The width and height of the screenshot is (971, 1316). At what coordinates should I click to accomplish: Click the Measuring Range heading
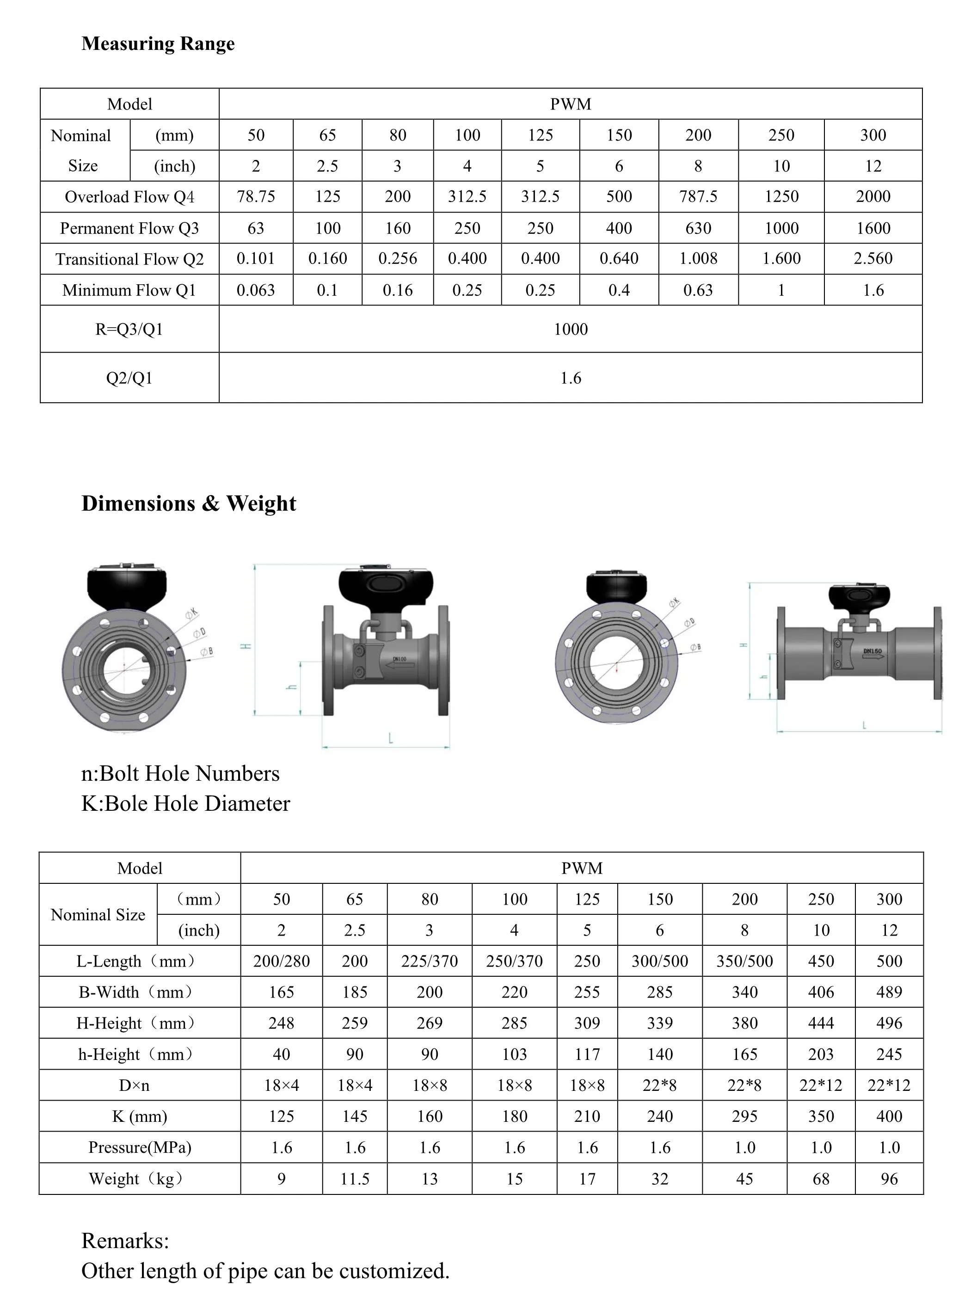tap(158, 43)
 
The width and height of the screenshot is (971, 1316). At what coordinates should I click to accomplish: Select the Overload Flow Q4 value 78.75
tap(256, 196)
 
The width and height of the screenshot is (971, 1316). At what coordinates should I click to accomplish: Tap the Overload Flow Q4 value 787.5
tap(698, 196)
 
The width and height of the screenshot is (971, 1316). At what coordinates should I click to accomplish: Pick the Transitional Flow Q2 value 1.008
tap(698, 258)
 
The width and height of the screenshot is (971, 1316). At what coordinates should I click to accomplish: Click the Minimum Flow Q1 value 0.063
tap(256, 290)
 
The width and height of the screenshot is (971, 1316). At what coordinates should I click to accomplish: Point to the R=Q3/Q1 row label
tap(129, 329)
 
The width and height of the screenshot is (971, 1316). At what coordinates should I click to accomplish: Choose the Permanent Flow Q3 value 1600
tap(873, 228)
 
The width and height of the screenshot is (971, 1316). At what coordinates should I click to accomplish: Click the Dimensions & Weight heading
tap(189, 503)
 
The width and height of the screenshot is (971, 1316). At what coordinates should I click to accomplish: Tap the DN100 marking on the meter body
tap(399, 659)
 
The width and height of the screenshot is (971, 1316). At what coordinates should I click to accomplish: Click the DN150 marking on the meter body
tap(872, 651)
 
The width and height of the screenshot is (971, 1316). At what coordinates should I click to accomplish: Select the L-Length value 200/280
tap(281, 961)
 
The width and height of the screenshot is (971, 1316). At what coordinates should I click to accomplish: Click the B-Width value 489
tap(889, 992)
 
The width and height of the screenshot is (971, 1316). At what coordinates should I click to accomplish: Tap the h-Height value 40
tap(281, 1054)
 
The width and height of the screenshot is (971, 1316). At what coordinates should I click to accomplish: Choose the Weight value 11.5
tap(355, 1179)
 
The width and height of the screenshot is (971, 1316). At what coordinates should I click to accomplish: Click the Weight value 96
tap(889, 1179)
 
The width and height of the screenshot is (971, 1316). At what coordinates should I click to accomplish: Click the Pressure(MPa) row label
tap(140, 1147)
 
